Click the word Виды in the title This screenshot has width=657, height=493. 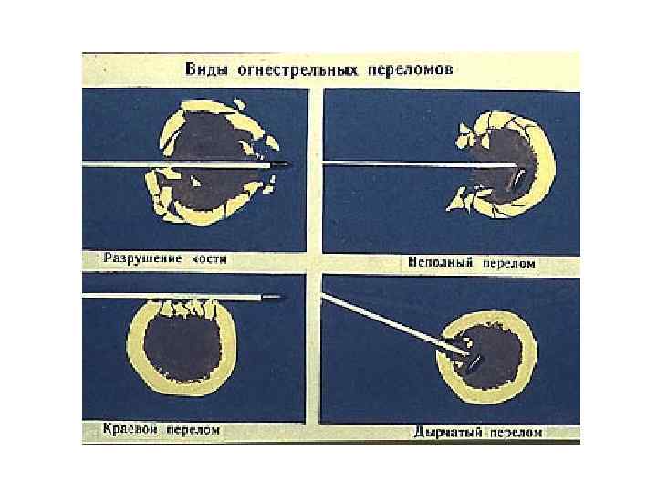click(206, 69)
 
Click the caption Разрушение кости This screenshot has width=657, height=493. click(164, 259)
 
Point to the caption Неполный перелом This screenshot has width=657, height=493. click(471, 263)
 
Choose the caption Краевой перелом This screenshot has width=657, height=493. click(161, 429)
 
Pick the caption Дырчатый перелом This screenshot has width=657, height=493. click(478, 431)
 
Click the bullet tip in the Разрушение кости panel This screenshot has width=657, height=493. click(277, 165)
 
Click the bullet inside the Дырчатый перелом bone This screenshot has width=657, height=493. click(473, 360)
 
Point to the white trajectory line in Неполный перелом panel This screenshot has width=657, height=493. click(411, 163)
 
